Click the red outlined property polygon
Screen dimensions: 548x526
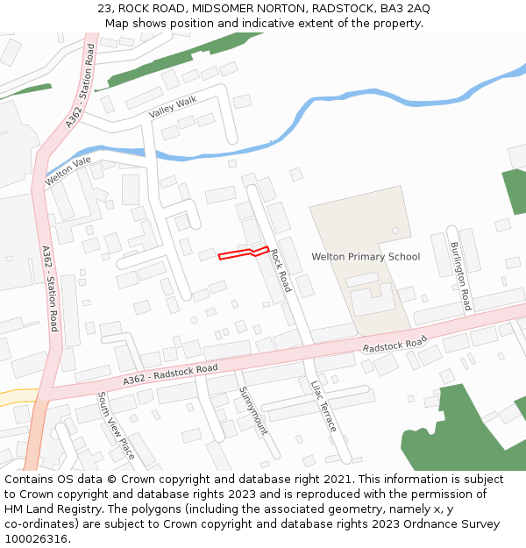(x=242, y=253)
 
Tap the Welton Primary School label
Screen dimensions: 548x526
(x=366, y=257)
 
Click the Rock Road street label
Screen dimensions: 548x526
(x=281, y=270)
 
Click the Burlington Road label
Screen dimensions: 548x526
(x=461, y=276)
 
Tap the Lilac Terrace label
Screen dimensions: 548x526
(x=323, y=406)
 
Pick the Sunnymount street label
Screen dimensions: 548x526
(x=253, y=411)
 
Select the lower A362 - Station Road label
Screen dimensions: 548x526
(x=50, y=288)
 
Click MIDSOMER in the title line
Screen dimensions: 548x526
(x=230, y=9)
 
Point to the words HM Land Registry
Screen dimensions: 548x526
(x=53, y=509)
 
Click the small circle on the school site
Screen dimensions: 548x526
(x=395, y=231)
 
